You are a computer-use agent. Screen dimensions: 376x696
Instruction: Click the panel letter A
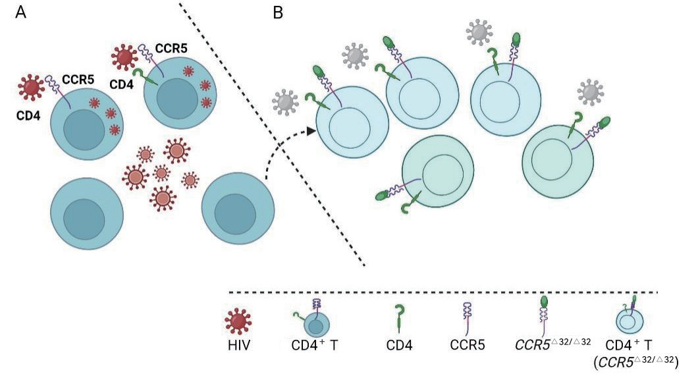pos(21,13)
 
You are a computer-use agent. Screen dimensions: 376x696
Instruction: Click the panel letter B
pos(277,13)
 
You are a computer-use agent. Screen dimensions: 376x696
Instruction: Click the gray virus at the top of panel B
pos(479,30)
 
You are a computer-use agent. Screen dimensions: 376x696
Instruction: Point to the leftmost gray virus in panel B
pos(285,102)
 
